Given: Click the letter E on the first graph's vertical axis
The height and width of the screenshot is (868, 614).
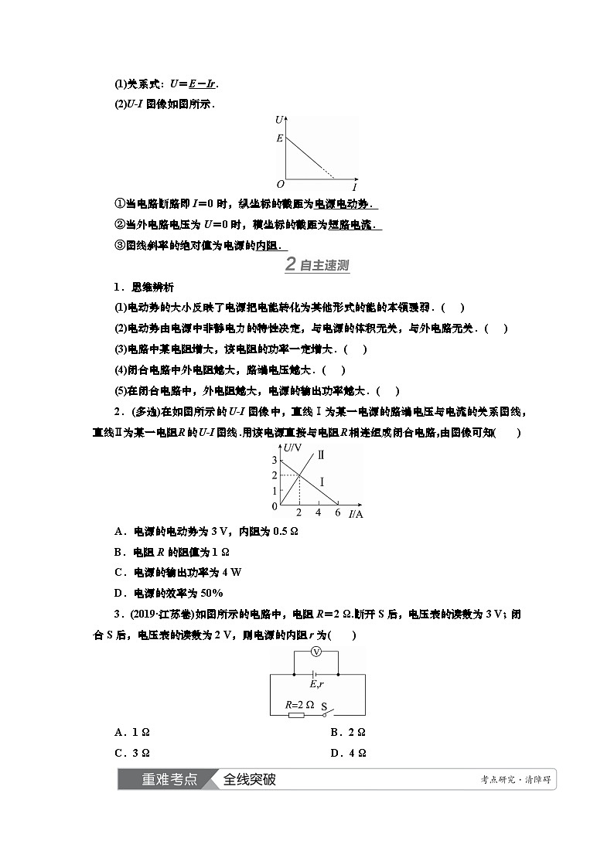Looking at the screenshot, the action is coord(280,138).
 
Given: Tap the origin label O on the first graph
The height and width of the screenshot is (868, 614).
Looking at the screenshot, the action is coord(281,185).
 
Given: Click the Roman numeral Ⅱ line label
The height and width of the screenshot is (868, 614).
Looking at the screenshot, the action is coord(321,454).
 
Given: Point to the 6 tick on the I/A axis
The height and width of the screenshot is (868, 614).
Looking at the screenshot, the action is coord(337,512).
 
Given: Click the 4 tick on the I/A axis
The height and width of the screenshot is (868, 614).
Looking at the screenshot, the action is coord(319,512).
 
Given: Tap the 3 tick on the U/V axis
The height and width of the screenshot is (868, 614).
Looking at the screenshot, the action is coord(274,461).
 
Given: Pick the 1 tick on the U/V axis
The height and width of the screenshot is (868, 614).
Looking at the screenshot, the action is coord(274,491).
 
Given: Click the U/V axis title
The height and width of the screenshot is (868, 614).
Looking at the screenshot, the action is coord(292,448).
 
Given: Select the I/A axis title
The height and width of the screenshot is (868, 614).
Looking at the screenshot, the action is coord(356,514).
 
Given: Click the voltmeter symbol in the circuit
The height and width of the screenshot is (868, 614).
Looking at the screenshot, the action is coord(316,652).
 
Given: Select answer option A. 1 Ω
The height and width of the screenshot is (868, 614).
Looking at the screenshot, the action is coord(131,731).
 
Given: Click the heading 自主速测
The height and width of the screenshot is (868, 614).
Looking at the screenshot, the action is coord(324,266).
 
